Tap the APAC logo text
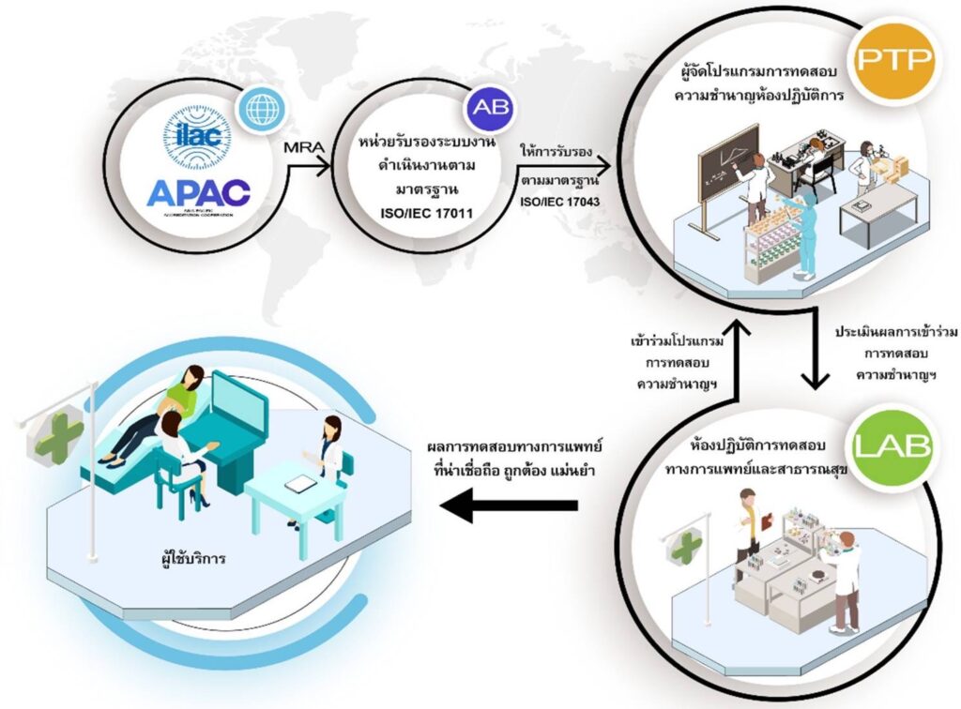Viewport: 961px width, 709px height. (198, 191)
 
